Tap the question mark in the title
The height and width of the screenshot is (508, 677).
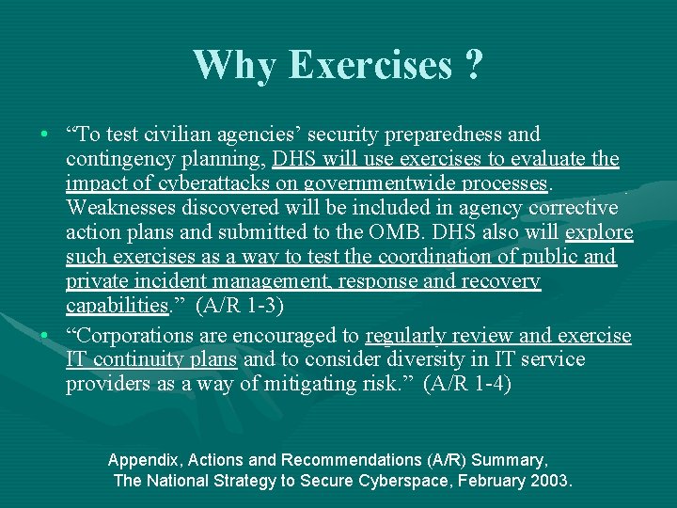coord(473,65)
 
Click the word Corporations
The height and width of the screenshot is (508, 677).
coord(136,336)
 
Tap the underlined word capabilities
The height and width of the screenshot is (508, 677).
coord(117,306)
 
